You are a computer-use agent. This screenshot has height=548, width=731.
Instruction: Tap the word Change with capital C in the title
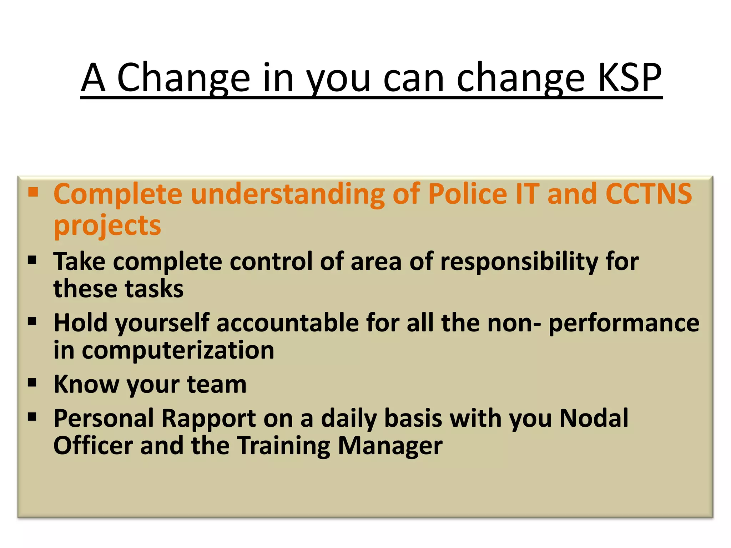[183, 77]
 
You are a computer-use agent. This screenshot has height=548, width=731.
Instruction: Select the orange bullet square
[33, 193]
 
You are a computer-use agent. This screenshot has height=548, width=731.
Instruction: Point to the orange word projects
[107, 226]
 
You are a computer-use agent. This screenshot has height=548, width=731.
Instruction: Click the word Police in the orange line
[468, 194]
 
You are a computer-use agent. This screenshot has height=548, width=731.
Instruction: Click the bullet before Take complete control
[32, 260]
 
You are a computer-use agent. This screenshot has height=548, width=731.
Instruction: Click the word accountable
[288, 323]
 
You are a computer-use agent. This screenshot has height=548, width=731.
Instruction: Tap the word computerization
[178, 351]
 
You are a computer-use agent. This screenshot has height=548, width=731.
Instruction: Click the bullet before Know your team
[32, 383]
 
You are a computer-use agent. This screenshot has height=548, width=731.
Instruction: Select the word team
[217, 385]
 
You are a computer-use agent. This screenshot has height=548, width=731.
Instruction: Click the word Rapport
[208, 418]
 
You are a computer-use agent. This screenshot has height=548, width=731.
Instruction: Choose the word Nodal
[594, 418]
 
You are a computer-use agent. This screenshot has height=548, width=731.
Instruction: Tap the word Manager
[390, 446]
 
